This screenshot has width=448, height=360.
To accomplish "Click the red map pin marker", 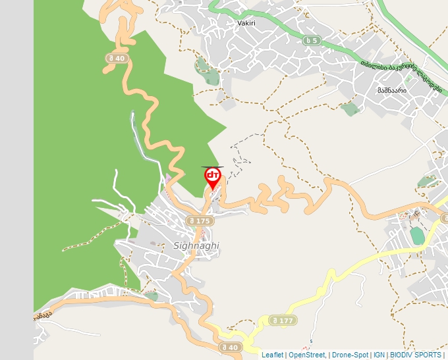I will tap(213, 177).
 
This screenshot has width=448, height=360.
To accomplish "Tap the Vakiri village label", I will tap(245, 22).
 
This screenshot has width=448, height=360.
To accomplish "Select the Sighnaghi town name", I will tap(196, 245).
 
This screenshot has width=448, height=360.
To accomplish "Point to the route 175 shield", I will tap(198, 221).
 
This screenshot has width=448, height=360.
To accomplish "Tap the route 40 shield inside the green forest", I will tap(115, 58).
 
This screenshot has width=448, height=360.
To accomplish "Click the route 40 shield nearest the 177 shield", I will tap(230, 347).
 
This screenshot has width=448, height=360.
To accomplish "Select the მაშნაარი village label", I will tap(391, 90).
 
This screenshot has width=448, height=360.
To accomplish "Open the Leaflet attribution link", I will tap(272, 355).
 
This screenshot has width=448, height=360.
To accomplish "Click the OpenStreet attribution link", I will tap(307, 355).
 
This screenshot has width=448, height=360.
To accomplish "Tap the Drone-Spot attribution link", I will tap(350, 355).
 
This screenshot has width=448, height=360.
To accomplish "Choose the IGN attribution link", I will tap(379, 355).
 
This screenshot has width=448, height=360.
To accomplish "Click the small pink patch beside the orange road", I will tap(168, 179).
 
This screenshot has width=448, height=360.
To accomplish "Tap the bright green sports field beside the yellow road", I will tap(417, 235).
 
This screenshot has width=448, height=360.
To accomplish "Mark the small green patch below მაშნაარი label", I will tap(350, 109).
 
